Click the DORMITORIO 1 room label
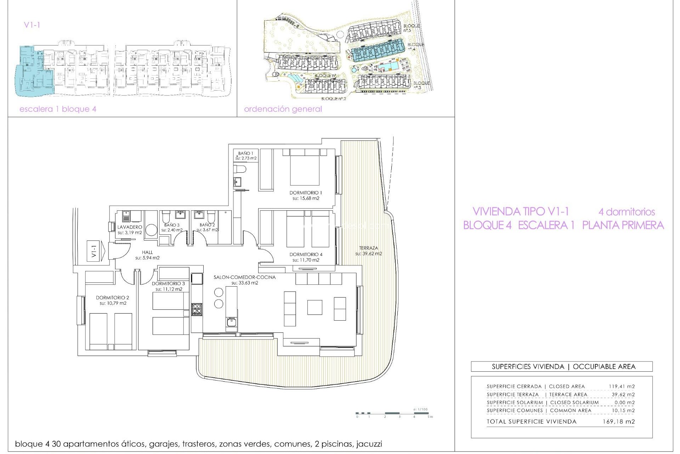coord(306,193)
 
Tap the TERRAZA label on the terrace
coord(368,248)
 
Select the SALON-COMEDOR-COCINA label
coord(244,277)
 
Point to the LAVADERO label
coord(130,227)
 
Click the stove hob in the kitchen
coord(197,309)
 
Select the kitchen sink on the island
coord(231,322)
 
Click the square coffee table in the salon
coord(314,307)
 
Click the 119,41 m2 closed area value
coord(622,386)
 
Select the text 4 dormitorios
coord(626,212)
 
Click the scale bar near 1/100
coord(392,413)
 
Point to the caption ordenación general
coord(283,109)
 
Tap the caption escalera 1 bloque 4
coord(58,109)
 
